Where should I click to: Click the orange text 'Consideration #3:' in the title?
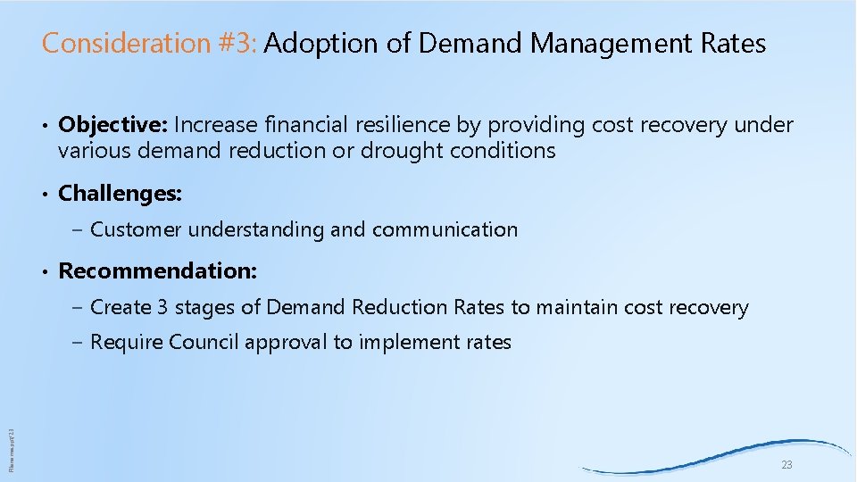(150, 43)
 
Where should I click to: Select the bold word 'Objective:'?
(113, 125)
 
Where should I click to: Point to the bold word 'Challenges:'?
(120, 192)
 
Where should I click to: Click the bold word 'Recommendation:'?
(158, 270)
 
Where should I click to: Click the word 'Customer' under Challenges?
(137, 229)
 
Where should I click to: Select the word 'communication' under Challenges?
(445, 229)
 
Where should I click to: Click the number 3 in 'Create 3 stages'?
(162, 308)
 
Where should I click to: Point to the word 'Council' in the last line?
(204, 342)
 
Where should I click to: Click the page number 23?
(786, 465)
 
